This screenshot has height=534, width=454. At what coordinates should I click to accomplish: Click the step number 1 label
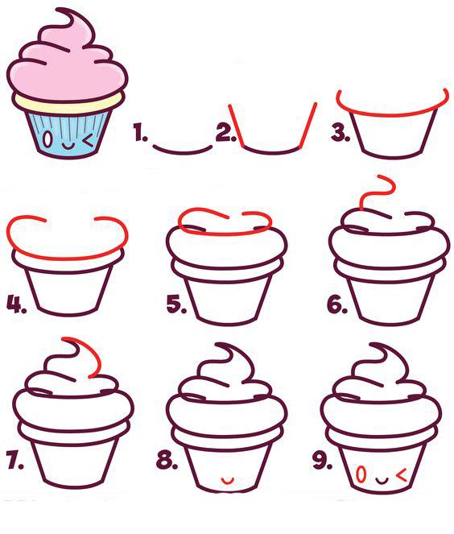[140, 133]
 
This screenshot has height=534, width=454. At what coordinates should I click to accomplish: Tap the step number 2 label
[225, 133]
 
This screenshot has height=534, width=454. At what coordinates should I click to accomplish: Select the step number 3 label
[340, 133]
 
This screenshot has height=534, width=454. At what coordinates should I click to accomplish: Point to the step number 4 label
[16, 304]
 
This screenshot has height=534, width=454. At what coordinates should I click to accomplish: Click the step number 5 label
[176, 304]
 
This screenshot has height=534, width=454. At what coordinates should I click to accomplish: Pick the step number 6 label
[337, 304]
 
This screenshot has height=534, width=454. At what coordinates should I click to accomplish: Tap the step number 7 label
[15, 461]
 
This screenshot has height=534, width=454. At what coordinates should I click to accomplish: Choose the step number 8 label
[167, 461]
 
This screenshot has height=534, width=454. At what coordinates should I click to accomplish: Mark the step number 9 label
[322, 461]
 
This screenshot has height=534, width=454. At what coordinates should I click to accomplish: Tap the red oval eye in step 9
[361, 474]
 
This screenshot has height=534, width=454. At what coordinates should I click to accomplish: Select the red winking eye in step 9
[402, 475]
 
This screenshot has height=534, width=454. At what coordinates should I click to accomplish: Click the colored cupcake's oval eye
[48, 139]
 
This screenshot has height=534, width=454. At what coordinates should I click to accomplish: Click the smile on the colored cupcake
[68, 147]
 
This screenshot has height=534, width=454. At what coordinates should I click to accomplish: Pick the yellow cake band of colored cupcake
[68, 105]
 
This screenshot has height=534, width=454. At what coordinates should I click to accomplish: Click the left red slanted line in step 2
[237, 126]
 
